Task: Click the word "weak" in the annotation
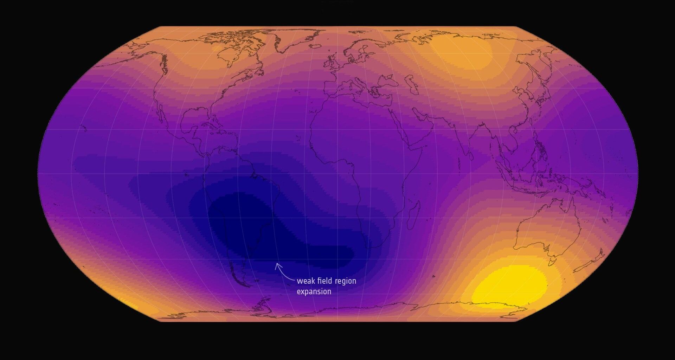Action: point(306,281)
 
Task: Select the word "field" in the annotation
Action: point(325,281)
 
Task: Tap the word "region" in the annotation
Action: point(346,281)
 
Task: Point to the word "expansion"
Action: point(314,291)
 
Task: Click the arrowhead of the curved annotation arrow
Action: point(277,264)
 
